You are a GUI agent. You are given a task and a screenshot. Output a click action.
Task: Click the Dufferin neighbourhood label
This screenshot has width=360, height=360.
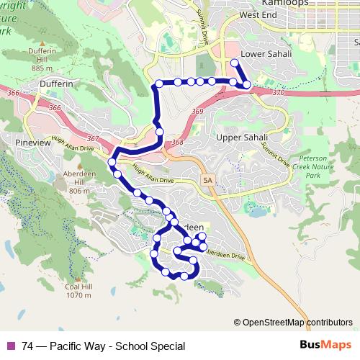56,84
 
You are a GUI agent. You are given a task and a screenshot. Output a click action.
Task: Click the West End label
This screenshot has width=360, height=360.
258,14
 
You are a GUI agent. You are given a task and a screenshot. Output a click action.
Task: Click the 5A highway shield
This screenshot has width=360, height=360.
209,179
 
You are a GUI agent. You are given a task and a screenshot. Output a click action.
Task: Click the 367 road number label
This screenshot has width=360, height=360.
91,138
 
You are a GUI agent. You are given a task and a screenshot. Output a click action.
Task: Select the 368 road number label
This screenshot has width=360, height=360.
177,142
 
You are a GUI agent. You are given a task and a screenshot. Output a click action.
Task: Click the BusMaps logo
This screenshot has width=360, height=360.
326,345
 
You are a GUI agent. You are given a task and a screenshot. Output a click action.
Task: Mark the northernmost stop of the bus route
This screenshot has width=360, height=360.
235,63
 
